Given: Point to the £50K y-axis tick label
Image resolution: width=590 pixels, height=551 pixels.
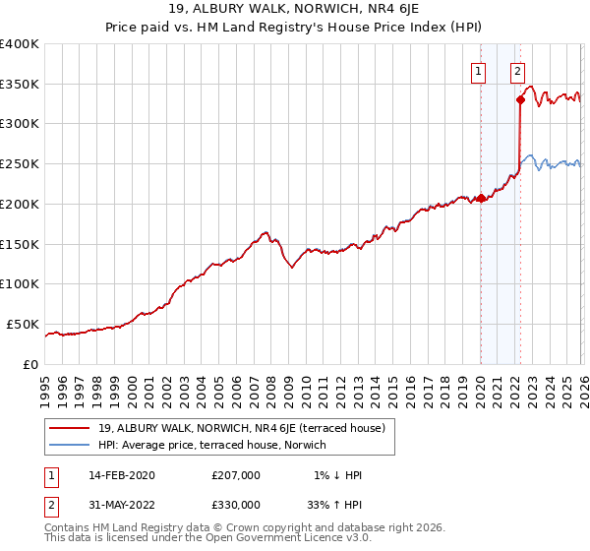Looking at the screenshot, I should click(x=23, y=324).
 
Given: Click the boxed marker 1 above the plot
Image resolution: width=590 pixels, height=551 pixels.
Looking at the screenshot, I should click(x=478, y=70).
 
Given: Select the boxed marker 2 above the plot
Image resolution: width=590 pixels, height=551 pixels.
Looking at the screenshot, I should click(x=517, y=70).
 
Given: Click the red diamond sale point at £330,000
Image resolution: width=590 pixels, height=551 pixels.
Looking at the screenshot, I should click(x=520, y=98).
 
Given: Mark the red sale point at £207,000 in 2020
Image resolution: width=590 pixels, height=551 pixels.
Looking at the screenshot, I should click(x=480, y=198).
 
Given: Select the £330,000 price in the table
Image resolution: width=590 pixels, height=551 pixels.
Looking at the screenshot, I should click(x=235, y=505).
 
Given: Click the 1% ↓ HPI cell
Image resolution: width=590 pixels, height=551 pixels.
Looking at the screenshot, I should click(x=338, y=475).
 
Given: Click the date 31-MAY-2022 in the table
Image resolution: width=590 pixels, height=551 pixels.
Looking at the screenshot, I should click(x=119, y=505).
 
